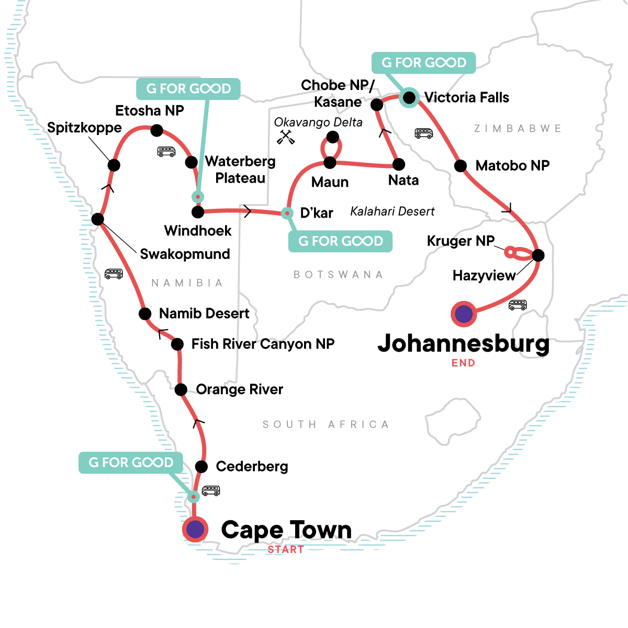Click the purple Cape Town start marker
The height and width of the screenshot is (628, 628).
tap(195, 529)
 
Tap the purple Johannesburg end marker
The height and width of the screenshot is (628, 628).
tap(464, 314)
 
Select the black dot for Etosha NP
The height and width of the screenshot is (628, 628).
tap(156, 130)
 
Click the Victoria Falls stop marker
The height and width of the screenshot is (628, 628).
tap(409, 97)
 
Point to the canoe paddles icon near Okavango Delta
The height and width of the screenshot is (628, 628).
tap(284, 137)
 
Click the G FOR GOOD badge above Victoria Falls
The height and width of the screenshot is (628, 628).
tap(423, 63)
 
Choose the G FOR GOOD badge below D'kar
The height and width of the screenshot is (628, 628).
tap(340, 241)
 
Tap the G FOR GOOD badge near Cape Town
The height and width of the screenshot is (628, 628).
tap(131, 463)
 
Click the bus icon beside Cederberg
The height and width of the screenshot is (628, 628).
tap(211, 491)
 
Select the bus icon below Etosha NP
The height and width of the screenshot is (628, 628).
tap(166, 152)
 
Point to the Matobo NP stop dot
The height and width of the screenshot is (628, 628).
tap(461, 166)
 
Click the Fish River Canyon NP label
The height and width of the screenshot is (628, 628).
tap(263, 344)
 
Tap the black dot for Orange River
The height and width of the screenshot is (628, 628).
tap(181, 389)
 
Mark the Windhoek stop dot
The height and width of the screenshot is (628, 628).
tap(198, 212)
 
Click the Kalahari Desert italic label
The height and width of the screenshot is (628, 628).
tap(392, 211)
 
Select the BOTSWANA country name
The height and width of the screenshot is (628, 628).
tap(338, 275)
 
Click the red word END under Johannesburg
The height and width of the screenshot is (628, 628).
tap(463, 363)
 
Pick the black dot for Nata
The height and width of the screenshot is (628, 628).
tap(399, 165)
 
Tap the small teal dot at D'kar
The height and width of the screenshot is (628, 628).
tap(287, 213)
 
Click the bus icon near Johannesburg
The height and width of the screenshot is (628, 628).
tap(518, 305)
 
